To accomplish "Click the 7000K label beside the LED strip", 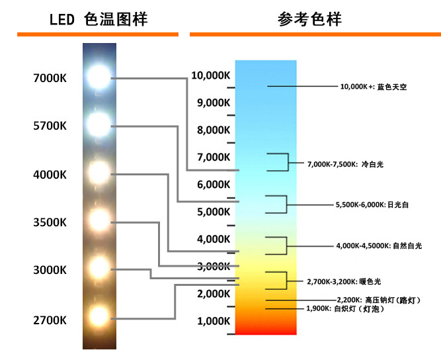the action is point(50,78).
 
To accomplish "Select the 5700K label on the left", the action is point(50,126).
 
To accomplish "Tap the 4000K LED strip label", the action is point(50,175).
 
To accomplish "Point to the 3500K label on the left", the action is point(50,222).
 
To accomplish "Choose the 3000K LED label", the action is point(50,270).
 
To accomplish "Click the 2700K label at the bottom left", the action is point(50,321).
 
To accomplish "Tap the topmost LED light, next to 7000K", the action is point(99,77).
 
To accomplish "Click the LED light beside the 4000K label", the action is point(99,174).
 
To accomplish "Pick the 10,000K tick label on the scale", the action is point(210,75).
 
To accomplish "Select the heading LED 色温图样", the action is point(99,19).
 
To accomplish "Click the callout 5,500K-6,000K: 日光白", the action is point(372,205).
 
